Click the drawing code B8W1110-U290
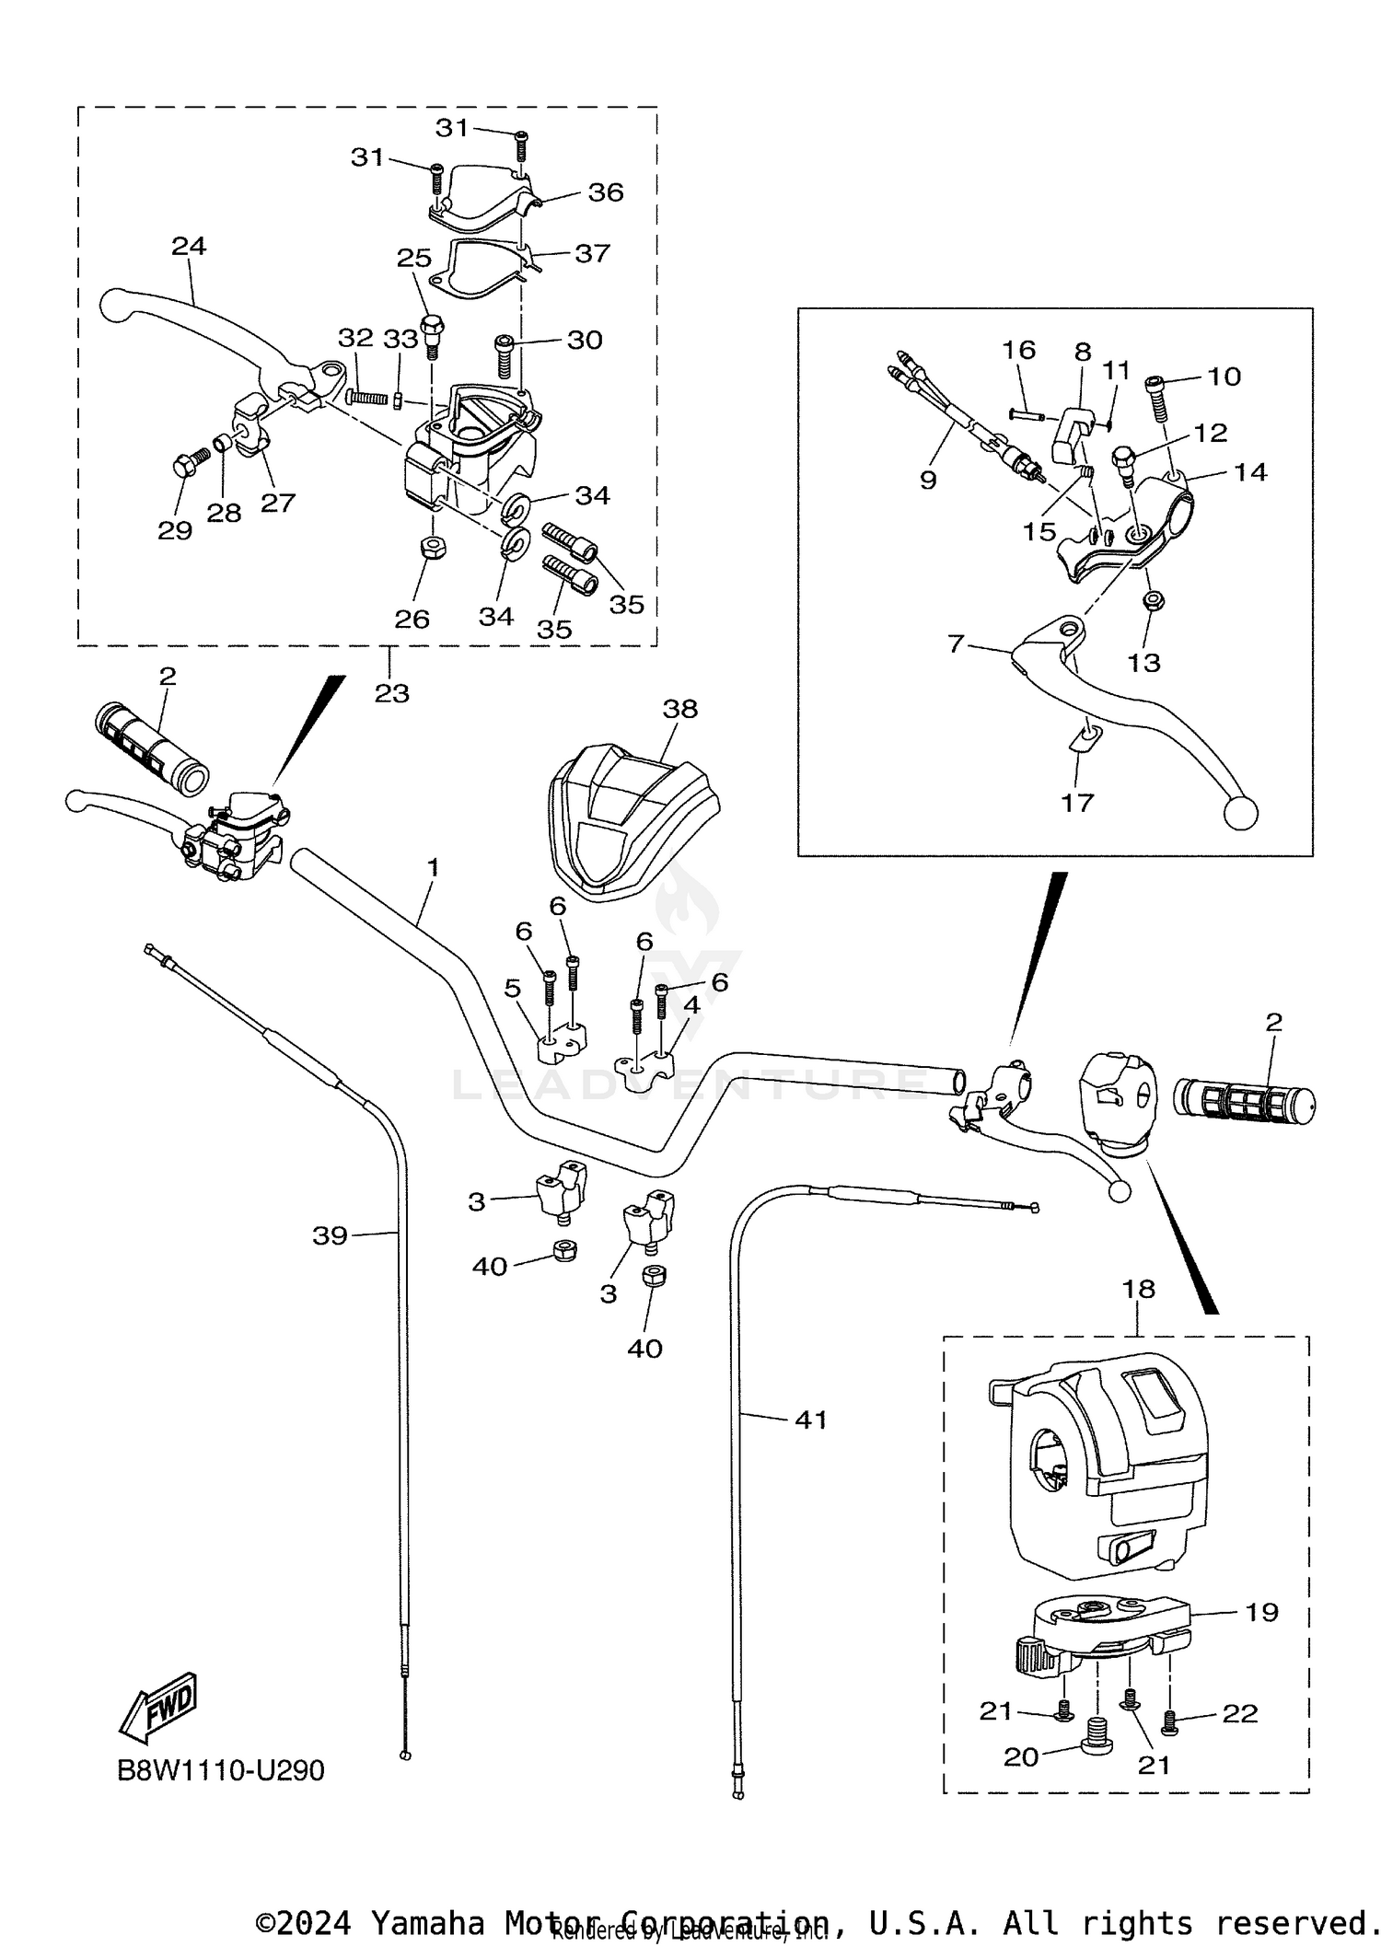click(x=221, y=1770)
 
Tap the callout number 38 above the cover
click(x=679, y=709)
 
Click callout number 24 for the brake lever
click(x=189, y=246)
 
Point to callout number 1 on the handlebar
click(x=433, y=867)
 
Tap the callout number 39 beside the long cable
click(x=330, y=1235)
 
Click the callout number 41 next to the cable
click(x=810, y=1420)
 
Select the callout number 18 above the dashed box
click(x=1139, y=1289)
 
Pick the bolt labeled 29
click(x=182, y=467)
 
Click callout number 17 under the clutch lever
click(x=1076, y=802)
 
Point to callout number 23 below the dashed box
click(x=391, y=693)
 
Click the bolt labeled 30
click(x=505, y=354)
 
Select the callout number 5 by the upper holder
click(x=512, y=989)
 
